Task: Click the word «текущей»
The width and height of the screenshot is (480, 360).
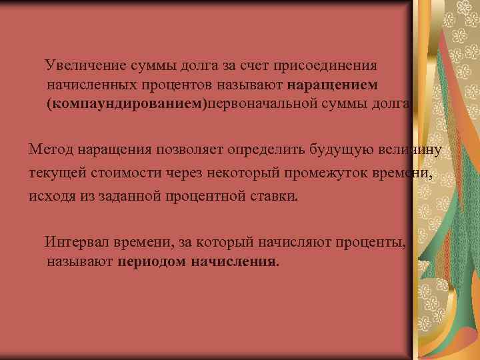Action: (x=55, y=173)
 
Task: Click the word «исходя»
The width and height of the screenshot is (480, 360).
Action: (x=50, y=197)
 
